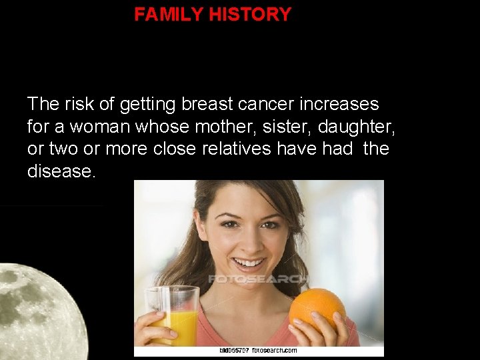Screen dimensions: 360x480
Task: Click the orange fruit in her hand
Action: pyautogui.click(x=317, y=310)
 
